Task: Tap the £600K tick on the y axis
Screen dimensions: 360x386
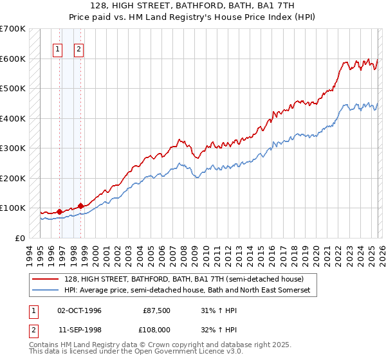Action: tap(12, 59)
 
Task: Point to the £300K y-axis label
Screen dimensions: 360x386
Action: tap(12, 148)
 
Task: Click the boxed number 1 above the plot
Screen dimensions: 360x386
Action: tap(58, 49)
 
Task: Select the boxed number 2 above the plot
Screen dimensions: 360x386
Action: tap(78, 49)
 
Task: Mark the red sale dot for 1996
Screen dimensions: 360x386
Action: tap(60, 211)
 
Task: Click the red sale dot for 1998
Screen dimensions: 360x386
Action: tap(81, 206)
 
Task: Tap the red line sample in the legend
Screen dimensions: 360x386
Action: tap(46, 279)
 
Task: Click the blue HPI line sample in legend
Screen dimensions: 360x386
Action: tap(46, 291)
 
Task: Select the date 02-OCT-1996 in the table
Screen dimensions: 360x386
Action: tap(79, 310)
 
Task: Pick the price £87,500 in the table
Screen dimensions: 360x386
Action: tap(157, 310)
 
